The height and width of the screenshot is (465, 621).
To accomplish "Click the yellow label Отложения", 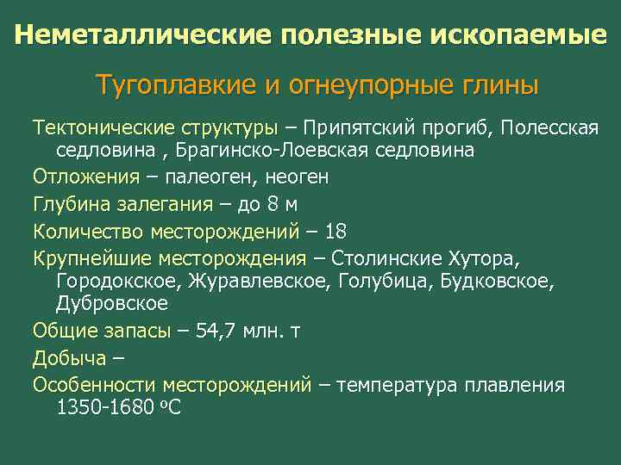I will pos(85,177).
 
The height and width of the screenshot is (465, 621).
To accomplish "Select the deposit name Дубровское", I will pos(112,304).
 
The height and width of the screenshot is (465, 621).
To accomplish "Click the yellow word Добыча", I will pos(70,358).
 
